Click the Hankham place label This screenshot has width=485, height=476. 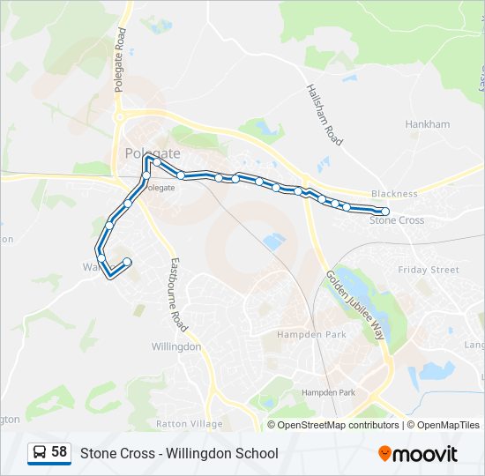click(427, 125)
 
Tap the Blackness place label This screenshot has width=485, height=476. click(393, 194)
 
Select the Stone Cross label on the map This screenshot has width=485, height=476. click(396, 220)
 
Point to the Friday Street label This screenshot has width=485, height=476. click(429, 270)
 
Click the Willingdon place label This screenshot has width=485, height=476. click(175, 347)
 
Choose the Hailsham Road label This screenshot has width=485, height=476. click(324, 115)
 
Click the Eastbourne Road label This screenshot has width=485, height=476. click(179, 294)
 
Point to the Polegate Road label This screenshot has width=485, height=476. click(120, 60)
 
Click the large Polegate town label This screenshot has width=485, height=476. click(152, 152)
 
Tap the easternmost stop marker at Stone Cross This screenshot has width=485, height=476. click(385, 212)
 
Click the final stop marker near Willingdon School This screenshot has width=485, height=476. click(128, 261)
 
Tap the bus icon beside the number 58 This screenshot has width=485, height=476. click(40, 453)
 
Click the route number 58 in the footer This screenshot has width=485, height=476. click(59, 452)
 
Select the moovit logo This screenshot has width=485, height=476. click(418, 454)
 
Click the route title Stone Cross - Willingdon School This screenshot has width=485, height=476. click(179, 453)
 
